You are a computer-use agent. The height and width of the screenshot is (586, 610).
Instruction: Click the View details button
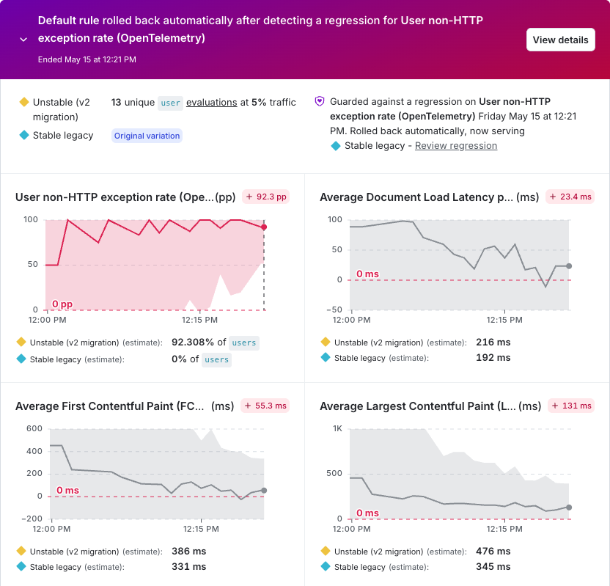coord(561,40)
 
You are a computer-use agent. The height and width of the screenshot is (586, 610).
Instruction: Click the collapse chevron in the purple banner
coord(23,40)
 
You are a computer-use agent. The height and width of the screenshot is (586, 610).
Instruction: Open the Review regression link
coord(456,145)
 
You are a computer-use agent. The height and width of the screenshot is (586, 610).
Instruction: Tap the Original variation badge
coord(147,136)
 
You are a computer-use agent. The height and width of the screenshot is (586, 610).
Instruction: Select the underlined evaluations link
coord(212,103)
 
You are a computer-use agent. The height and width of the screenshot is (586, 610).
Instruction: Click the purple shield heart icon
coord(320,101)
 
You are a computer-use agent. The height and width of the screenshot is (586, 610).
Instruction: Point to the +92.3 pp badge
coord(266,197)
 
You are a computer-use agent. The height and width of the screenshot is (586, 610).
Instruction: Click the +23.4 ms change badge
coord(570,197)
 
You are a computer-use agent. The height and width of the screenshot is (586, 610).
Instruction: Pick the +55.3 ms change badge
coord(265,406)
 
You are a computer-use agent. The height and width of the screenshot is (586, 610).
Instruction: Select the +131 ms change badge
coord(571,406)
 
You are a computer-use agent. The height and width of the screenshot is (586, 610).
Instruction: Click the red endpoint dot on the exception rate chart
coord(264,227)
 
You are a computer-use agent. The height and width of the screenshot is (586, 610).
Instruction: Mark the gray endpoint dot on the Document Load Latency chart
coord(569,266)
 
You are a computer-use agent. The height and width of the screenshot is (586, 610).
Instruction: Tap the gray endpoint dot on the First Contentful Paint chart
coord(264,491)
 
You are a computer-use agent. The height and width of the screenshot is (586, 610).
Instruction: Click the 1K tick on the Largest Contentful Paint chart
coord(337,429)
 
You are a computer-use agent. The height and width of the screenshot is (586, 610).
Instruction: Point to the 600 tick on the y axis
coord(34,429)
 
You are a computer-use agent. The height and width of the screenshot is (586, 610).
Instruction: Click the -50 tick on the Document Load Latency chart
coord(334,310)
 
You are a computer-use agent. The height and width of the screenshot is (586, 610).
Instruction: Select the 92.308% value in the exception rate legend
coord(193,343)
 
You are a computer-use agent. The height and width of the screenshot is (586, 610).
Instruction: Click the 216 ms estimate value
coord(493,343)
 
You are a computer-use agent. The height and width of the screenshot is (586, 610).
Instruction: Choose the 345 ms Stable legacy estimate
coord(493,566)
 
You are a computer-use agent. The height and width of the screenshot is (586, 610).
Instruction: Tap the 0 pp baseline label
coord(62,304)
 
